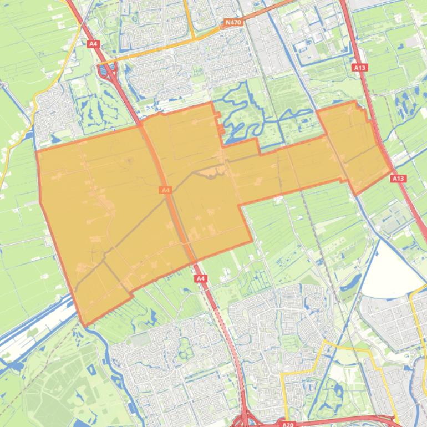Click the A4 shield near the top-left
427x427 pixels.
[x=93, y=42]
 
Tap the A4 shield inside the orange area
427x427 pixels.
[x=165, y=190]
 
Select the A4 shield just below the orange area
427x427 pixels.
[x=201, y=278]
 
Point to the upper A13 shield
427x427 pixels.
[x=359, y=68]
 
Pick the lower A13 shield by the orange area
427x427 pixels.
[x=398, y=179]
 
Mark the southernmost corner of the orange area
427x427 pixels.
[x=85, y=325]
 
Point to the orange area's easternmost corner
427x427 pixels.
[x=392, y=171]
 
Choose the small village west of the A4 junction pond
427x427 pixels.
[x=53, y=111]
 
